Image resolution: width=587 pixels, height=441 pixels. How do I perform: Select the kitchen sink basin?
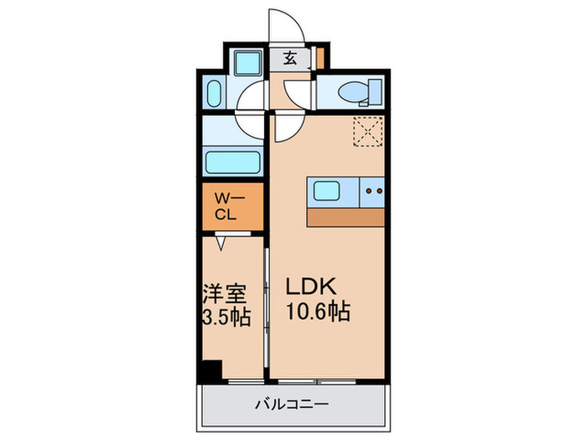(x=328, y=192)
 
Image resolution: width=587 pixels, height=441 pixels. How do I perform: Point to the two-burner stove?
(x=373, y=192)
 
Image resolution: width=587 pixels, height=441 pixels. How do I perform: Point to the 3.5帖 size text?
(x=227, y=319)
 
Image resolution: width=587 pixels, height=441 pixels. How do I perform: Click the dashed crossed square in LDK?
(x=366, y=130)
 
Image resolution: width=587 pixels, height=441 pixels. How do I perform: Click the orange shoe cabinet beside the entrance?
(x=319, y=59)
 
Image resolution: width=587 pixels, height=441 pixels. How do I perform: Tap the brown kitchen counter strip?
(x=345, y=217)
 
